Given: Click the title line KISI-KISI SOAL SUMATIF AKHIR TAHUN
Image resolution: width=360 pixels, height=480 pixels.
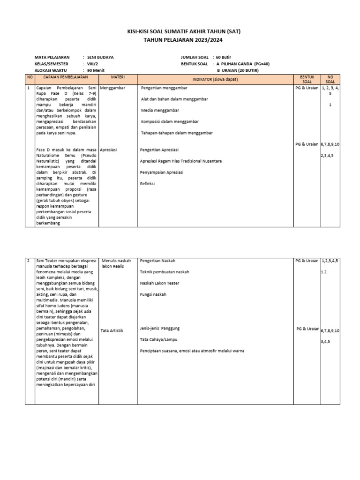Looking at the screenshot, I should (x=180, y=32).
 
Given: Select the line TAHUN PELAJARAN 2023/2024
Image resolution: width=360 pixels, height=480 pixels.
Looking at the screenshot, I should (x=180, y=40).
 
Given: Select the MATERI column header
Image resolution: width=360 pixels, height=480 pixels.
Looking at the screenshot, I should (x=117, y=77).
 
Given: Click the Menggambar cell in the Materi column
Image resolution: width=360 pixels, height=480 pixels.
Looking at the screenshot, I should (x=113, y=88).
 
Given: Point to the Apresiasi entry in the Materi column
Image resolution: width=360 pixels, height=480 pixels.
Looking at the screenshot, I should (x=109, y=150).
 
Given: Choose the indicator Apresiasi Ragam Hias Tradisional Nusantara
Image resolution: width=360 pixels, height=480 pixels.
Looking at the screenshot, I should (x=181, y=161).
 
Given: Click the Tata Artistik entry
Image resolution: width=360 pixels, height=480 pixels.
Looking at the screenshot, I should (x=112, y=330).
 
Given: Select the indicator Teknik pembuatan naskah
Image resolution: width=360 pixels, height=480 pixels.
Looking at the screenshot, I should (x=165, y=272).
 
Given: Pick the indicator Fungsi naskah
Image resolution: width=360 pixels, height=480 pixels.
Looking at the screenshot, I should (x=153, y=294).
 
